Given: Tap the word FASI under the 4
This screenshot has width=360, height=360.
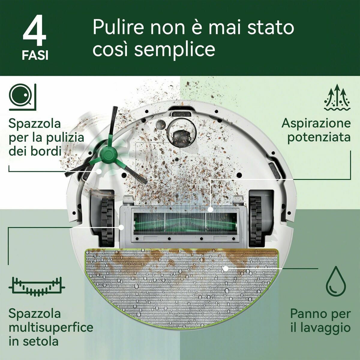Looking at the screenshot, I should [x=35, y=56].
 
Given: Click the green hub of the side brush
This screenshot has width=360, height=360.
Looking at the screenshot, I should [x=108, y=155].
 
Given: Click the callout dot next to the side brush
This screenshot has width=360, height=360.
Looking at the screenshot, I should [x=99, y=171].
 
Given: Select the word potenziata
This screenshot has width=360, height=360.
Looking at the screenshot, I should [x=319, y=137].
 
